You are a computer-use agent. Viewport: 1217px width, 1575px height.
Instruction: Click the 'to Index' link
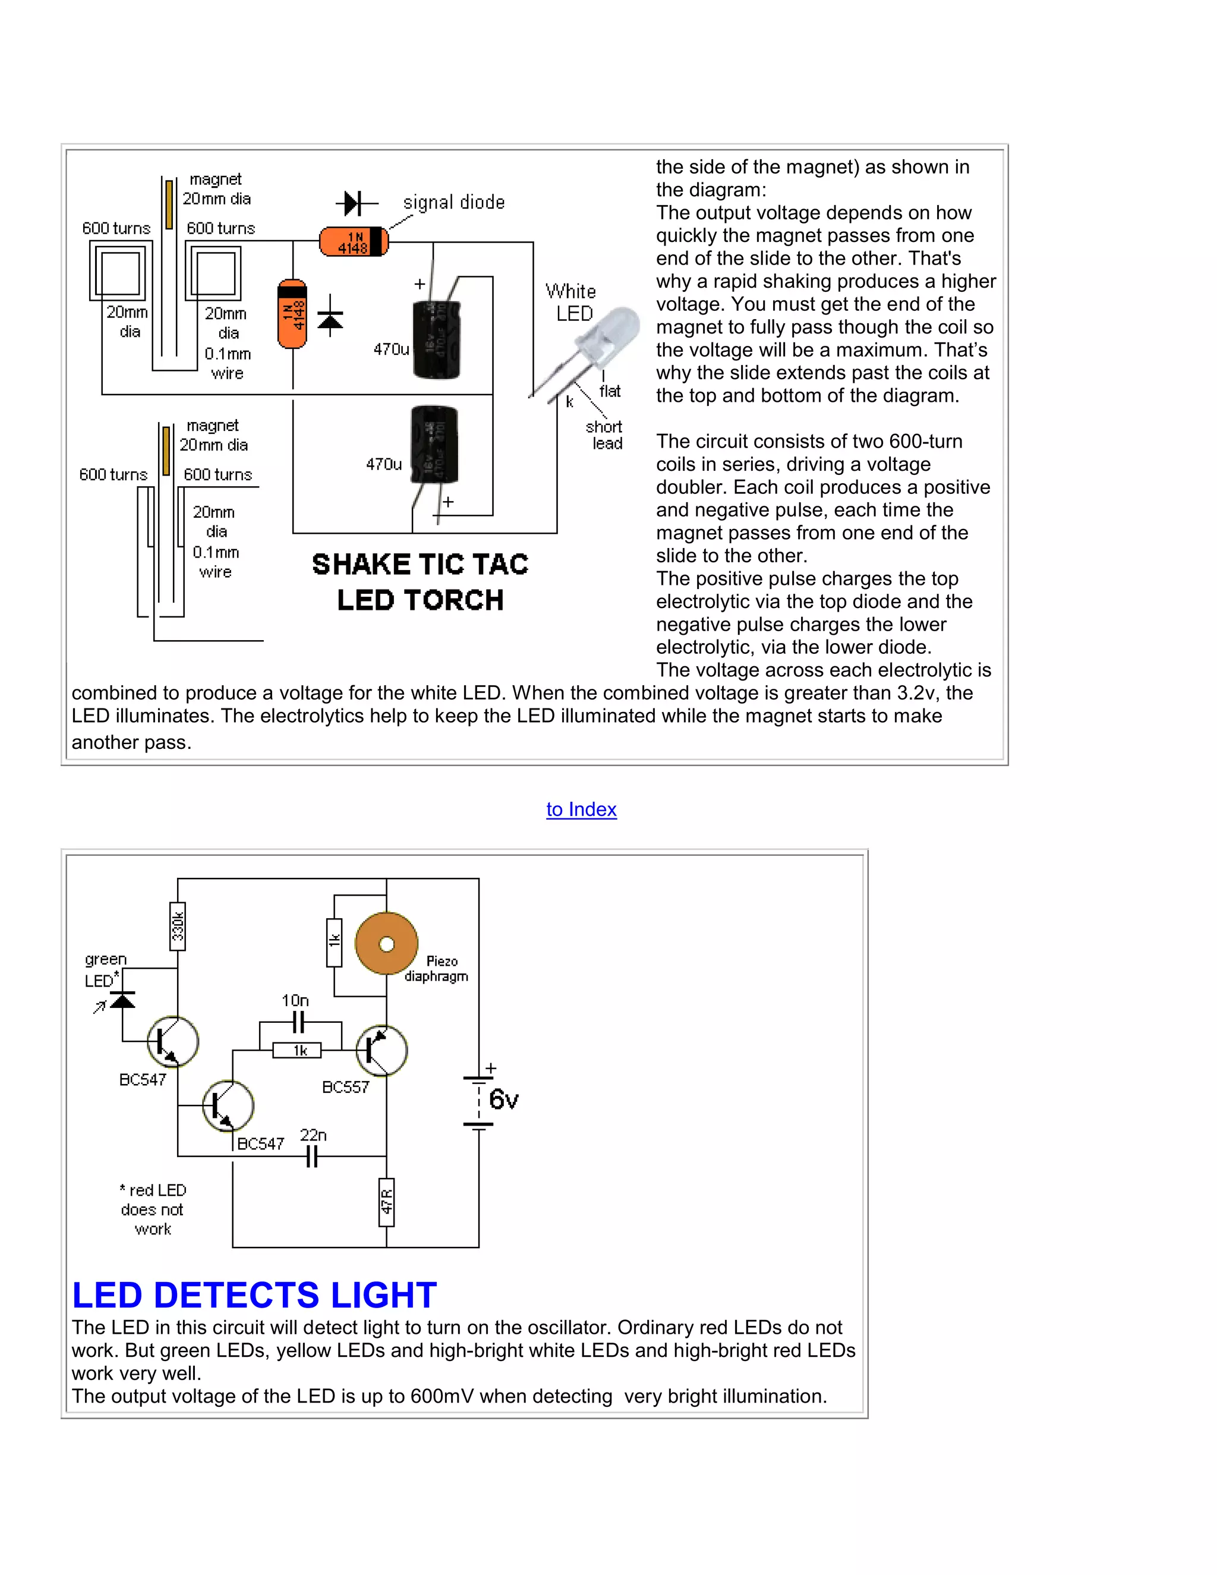point(581,809)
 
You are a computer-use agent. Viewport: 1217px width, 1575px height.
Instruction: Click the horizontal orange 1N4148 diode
point(354,241)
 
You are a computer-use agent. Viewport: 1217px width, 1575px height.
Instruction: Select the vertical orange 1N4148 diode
point(292,313)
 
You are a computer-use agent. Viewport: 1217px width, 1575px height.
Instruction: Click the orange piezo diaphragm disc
point(386,943)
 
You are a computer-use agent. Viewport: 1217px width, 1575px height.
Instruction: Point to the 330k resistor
point(177,926)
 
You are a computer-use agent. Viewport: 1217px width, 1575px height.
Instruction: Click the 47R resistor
point(386,1201)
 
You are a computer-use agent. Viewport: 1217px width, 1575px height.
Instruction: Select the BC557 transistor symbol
point(382,1050)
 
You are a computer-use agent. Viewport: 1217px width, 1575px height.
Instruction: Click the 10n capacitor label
point(295,1000)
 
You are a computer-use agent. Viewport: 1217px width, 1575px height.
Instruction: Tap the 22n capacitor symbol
point(311,1157)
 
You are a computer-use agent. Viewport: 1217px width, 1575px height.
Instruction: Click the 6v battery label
point(503,1100)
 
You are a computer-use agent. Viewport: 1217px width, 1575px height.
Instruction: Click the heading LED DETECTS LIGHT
point(254,1294)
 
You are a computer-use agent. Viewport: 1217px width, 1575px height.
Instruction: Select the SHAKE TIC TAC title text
point(420,565)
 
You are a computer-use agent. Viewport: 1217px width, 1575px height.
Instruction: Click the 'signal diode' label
point(453,203)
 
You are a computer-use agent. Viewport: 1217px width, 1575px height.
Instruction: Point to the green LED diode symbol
point(122,1000)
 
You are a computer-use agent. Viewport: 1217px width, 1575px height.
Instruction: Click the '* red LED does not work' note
point(153,1209)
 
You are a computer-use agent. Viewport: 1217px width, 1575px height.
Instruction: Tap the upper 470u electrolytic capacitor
point(436,339)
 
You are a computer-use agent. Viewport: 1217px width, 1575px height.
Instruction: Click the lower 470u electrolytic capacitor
point(434,444)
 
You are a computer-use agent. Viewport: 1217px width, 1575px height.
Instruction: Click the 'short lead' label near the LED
point(604,435)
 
